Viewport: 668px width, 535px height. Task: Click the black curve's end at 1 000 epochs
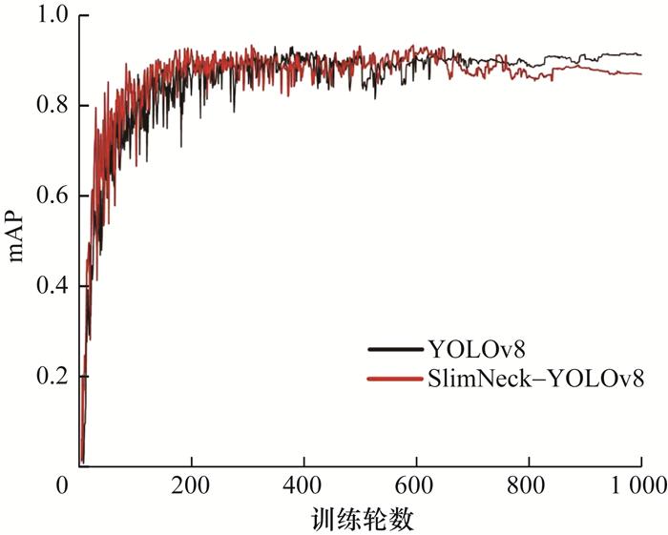tap(640, 54)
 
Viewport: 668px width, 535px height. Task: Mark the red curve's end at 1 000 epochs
tap(640, 73)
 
